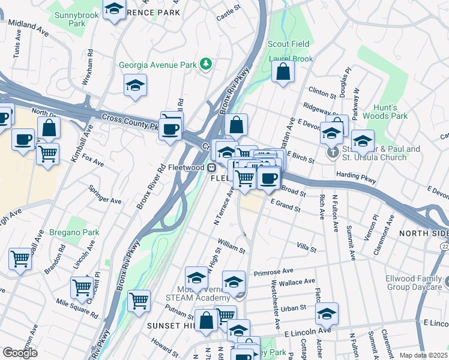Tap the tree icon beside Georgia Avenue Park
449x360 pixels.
[x=206, y=64]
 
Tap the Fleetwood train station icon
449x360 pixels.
[x=212, y=167]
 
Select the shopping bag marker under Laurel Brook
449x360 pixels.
[x=283, y=71]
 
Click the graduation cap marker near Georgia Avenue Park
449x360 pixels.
[x=136, y=86]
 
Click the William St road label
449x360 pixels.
[x=232, y=246]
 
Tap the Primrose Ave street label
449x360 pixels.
[x=273, y=271]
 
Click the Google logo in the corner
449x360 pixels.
[x=20, y=353]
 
